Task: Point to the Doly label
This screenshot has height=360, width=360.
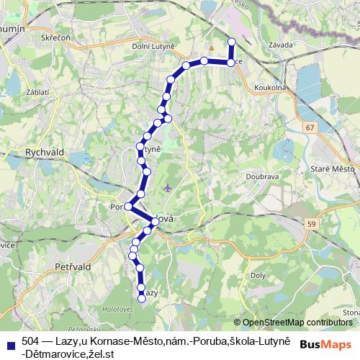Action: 258,275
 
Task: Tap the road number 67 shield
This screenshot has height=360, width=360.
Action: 310,127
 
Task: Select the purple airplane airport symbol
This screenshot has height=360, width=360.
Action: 168,188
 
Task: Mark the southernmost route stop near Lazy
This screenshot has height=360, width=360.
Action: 142,299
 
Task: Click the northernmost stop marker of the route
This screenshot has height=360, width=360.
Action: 232,42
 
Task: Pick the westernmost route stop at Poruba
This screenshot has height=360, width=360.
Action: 128,206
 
